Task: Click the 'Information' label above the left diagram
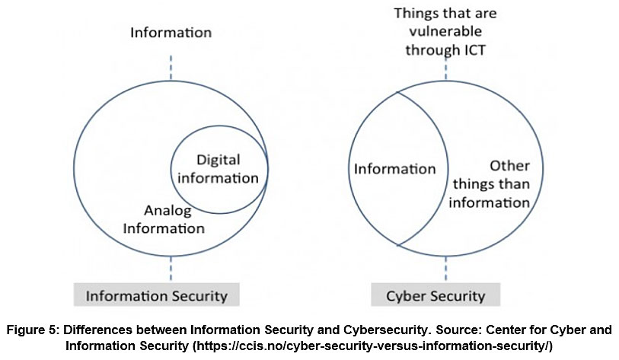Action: pyautogui.click(x=171, y=33)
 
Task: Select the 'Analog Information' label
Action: pyautogui.click(x=174, y=218)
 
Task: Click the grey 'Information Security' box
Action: pyautogui.click(x=156, y=295)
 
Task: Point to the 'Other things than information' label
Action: pyautogui.click(x=499, y=184)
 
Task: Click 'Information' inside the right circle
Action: pyautogui.click(x=394, y=169)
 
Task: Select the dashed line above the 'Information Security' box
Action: pyautogui.click(x=171, y=268)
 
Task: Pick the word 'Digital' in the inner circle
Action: pyautogui.click(x=218, y=160)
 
